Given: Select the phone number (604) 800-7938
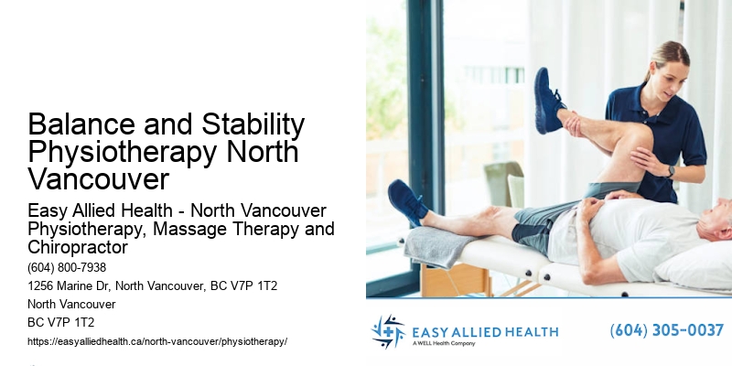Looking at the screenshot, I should tap(67, 268).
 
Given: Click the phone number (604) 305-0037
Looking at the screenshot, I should tap(666, 330).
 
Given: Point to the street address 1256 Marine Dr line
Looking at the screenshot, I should tap(153, 286).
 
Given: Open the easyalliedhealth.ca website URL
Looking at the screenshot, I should tap(157, 341).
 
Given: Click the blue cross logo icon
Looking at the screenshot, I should tap(388, 331).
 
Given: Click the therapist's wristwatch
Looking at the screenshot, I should tap(671, 171).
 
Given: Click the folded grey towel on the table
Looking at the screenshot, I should tap(438, 244).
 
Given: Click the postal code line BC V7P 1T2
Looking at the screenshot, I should tap(61, 322).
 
